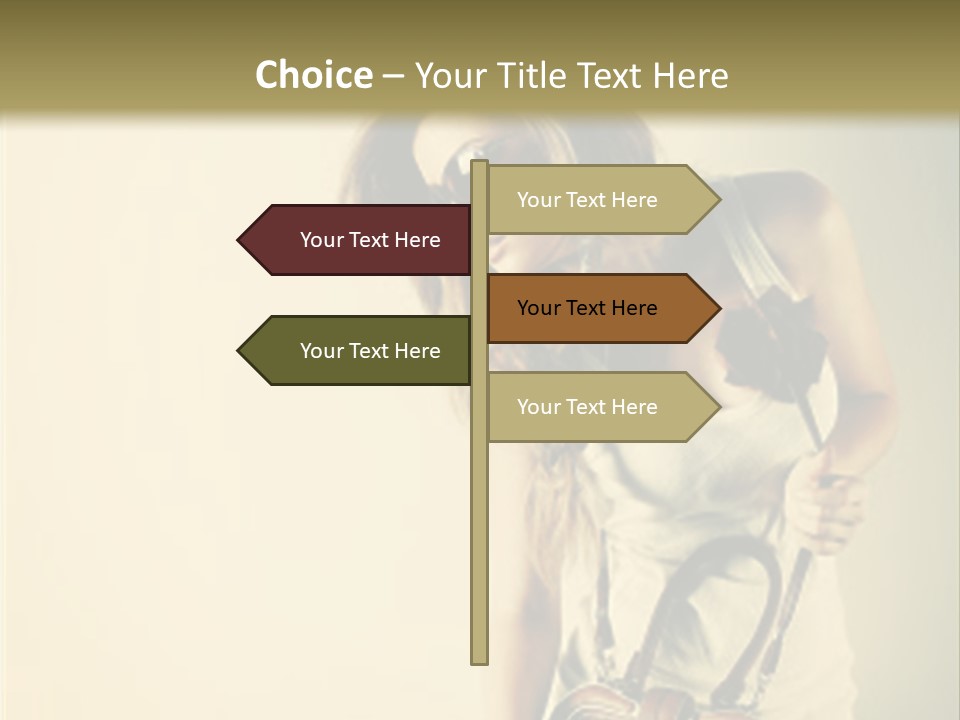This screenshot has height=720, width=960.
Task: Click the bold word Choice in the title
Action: point(314,76)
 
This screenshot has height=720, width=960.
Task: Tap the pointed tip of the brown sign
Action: point(719,308)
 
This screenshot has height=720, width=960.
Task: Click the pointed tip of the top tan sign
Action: point(719,200)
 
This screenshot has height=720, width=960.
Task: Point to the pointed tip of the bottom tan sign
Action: point(719,407)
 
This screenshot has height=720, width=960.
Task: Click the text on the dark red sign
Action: point(370,240)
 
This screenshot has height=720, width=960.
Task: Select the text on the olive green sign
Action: point(370,351)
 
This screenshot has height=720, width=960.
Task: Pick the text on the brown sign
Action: point(587,308)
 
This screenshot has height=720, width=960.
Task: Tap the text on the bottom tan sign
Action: point(587,407)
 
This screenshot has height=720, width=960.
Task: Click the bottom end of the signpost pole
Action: point(480,660)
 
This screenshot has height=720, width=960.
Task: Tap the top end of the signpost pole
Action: point(480,163)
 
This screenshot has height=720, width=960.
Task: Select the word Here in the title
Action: point(691,76)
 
